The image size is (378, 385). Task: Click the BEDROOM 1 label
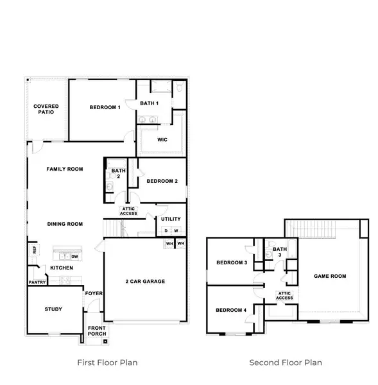tap(105, 107)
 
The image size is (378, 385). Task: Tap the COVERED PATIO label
tap(46, 109)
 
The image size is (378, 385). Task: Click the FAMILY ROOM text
tap(65, 169)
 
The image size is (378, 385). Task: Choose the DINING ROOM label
tap(65, 224)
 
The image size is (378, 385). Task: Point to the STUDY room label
tap(53, 309)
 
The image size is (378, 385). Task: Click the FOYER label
tap(94, 294)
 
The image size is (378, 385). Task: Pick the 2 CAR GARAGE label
tap(145, 281)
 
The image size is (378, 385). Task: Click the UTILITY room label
tap(171, 219)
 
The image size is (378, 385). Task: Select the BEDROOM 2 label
tap(162, 181)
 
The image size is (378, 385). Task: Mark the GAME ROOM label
tap(330, 276)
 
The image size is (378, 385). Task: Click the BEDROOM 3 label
tap(231, 262)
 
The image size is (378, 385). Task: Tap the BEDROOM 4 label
tap(231, 311)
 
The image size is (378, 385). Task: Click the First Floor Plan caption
tap(107, 363)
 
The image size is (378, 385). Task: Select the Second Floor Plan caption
tap(286, 363)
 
